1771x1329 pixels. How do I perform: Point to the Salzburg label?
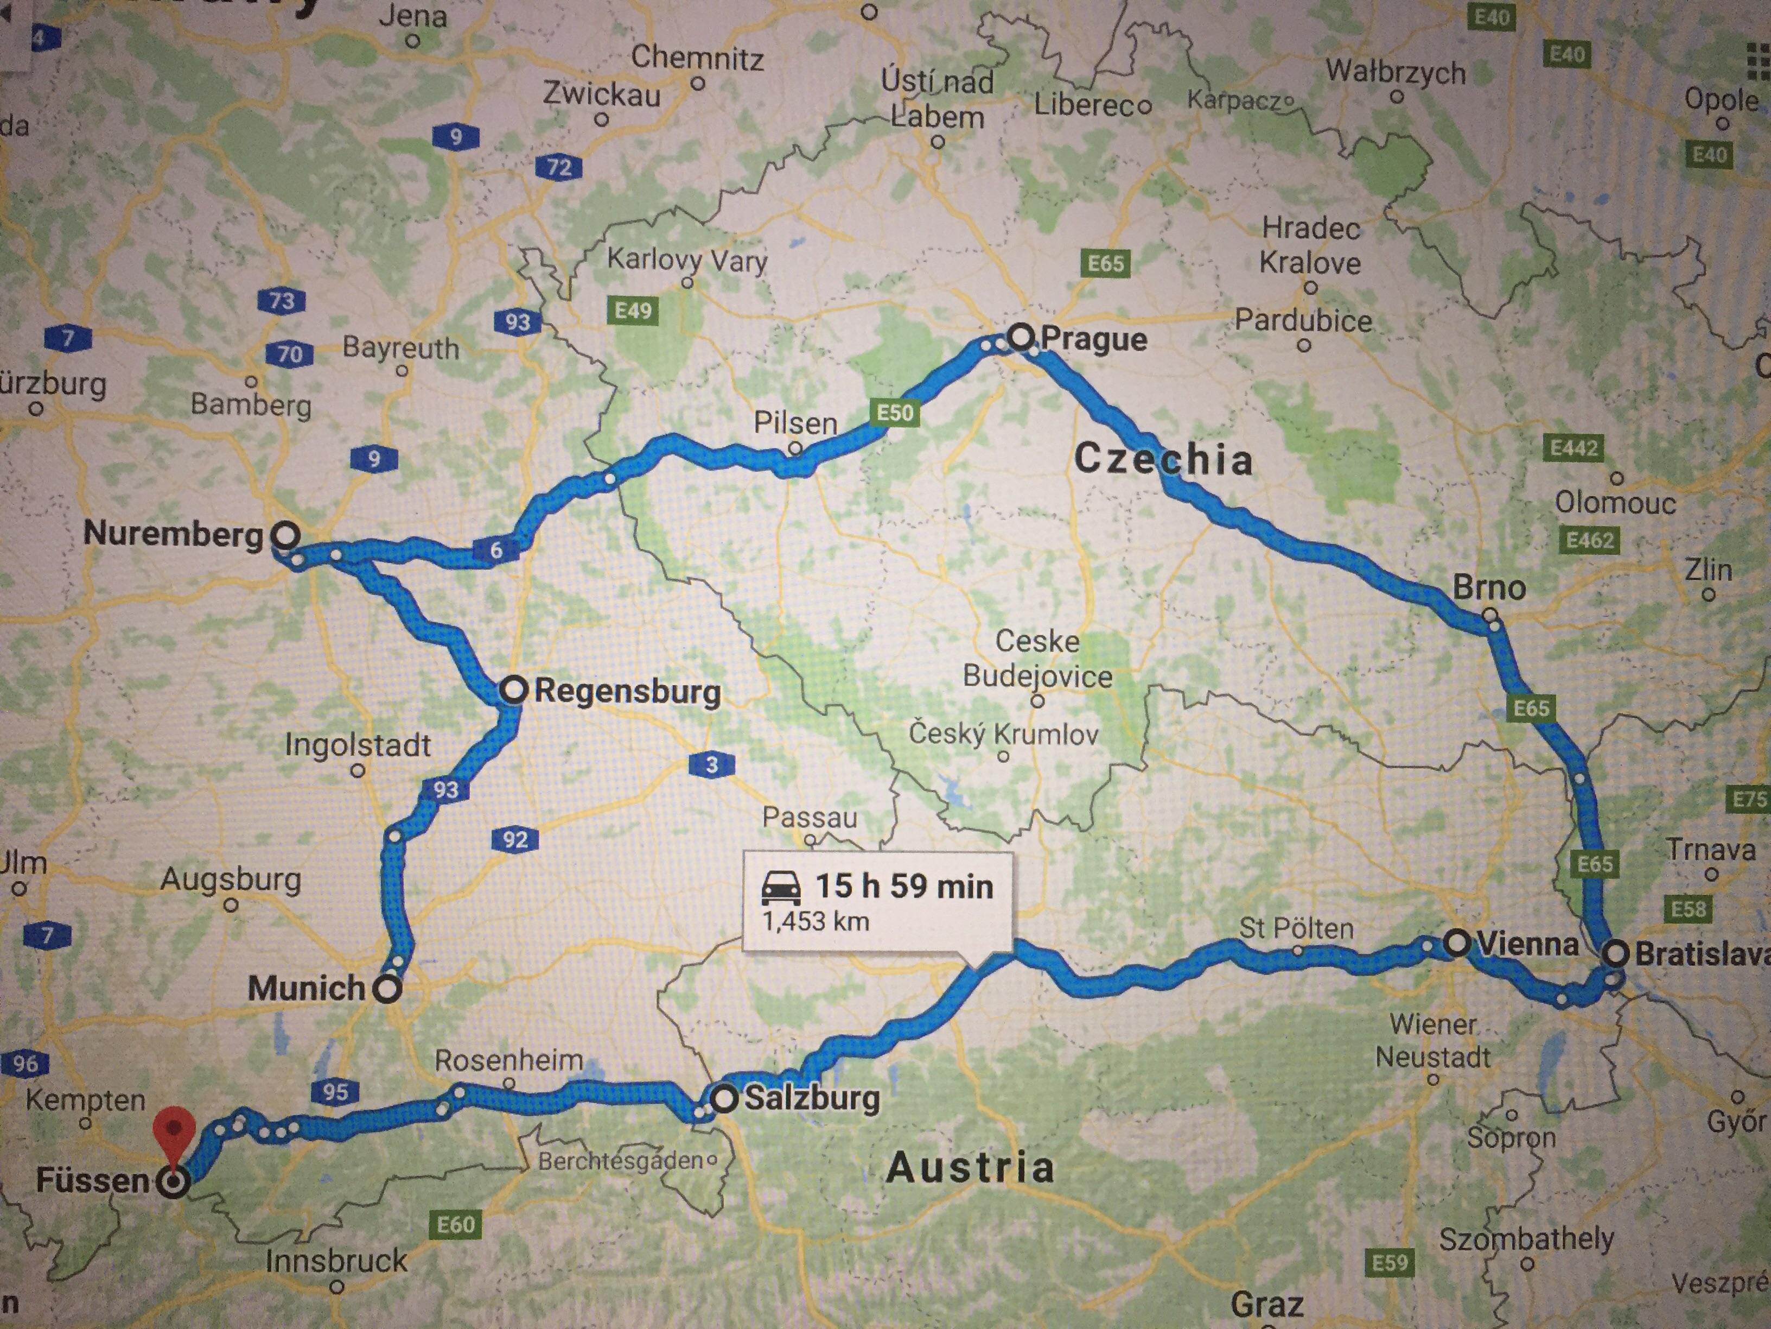[812, 1098]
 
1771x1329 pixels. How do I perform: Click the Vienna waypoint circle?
[1458, 943]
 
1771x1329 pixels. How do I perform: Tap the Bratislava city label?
[1702, 954]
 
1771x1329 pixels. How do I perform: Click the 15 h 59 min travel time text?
[904, 886]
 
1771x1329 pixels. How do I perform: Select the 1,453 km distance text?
[815, 922]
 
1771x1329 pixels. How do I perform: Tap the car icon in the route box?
[781, 888]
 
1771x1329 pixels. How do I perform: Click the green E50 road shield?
[894, 413]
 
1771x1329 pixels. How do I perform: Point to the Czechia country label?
[1163, 459]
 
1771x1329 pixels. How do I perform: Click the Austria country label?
[970, 1167]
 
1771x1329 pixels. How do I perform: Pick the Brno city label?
[1489, 588]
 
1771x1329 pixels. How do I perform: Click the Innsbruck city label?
[336, 1261]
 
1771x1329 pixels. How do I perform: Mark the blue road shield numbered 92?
[515, 839]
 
